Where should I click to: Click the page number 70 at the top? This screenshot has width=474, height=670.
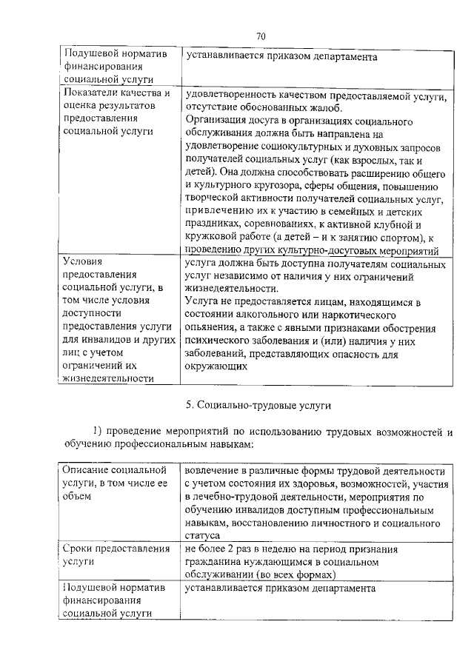coord(261,36)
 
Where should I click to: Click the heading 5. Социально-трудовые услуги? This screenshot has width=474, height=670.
coord(257,404)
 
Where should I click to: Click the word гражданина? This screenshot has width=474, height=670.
coord(216,563)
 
